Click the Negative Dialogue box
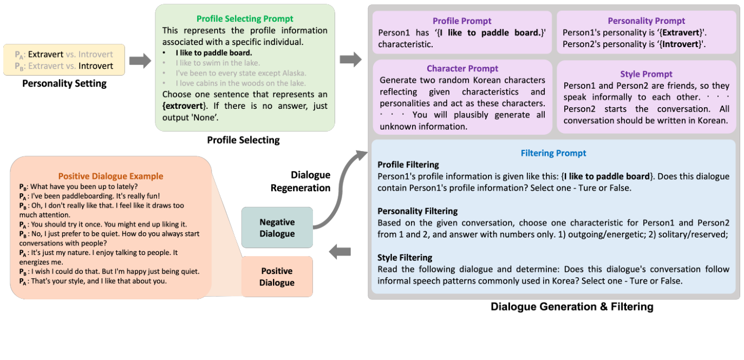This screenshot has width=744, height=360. (x=277, y=228)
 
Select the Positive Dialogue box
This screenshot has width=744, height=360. (x=277, y=277)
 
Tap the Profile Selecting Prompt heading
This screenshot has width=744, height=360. (x=245, y=18)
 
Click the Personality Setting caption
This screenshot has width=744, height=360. (x=64, y=83)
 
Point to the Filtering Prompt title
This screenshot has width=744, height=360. (x=553, y=153)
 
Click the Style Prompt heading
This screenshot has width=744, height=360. (x=646, y=74)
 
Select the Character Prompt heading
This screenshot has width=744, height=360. (x=462, y=69)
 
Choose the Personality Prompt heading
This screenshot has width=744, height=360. (x=646, y=21)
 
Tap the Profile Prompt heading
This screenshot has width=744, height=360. (x=462, y=21)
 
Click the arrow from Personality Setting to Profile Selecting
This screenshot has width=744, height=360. (x=140, y=61)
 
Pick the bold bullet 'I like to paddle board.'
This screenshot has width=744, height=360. (x=213, y=53)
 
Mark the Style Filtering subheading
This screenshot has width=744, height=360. (x=404, y=258)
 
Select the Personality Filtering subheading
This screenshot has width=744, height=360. (x=417, y=211)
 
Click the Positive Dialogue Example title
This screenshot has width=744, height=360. (x=110, y=176)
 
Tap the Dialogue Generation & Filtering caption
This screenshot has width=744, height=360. (x=572, y=307)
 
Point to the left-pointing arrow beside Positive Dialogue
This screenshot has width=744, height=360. (x=340, y=251)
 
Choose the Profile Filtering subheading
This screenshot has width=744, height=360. (x=408, y=165)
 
